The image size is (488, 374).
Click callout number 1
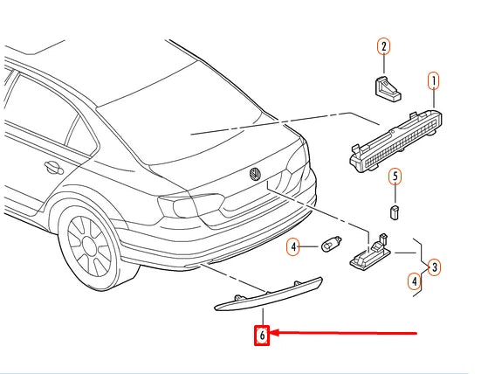(434, 80)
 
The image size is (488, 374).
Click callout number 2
(384, 46)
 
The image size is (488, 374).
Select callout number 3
(434, 267)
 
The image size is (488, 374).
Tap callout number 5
(395, 177)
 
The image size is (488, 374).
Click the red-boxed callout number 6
(262, 336)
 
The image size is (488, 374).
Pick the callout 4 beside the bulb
(293, 247)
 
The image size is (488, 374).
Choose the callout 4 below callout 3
(414, 281)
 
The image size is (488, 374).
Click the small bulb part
(332, 244)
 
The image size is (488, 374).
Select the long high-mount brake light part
(395, 141)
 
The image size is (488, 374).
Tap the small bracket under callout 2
(387, 89)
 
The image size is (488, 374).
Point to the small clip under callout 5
(395, 212)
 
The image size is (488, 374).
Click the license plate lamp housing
(370, 253)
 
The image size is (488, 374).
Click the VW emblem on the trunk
(255, 174)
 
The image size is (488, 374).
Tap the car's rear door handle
(53, 167)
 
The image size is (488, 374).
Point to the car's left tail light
(190, 205)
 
